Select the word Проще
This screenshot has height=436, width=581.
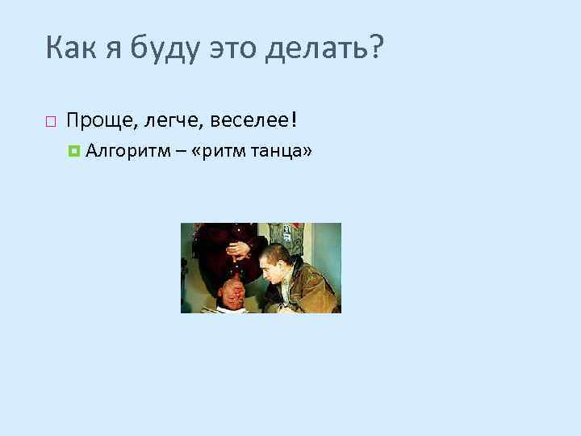92,122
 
